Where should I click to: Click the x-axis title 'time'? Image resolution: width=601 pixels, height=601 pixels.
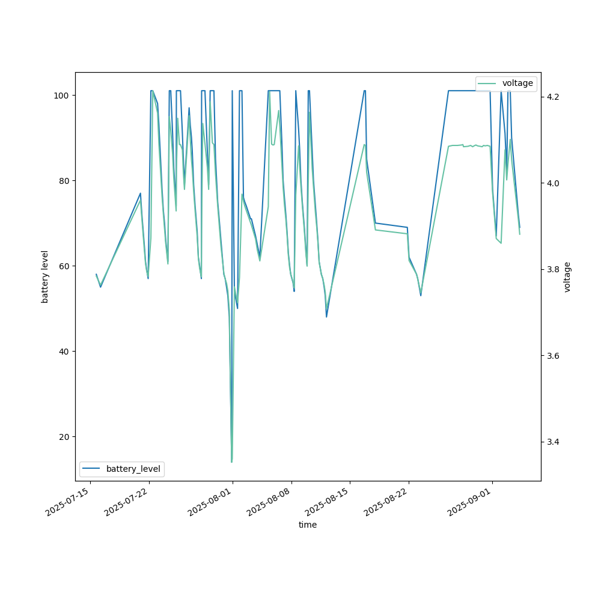click(308, 525)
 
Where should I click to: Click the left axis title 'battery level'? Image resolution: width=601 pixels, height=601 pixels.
click(44, 276)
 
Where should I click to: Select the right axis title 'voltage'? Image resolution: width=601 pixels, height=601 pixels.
click(567, 276)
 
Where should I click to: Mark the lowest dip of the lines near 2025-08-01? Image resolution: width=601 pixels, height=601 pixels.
click(231, 462)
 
